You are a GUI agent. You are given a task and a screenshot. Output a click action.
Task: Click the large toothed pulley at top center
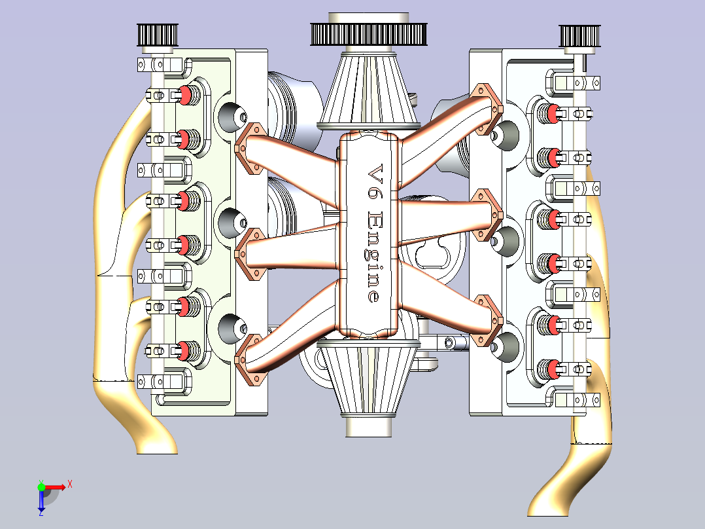point(368,34)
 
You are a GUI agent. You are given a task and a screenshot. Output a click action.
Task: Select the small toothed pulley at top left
point(158,35)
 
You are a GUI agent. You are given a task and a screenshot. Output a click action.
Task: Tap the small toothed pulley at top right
point(579,36)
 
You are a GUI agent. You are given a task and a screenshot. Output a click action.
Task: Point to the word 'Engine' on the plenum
point(373,257)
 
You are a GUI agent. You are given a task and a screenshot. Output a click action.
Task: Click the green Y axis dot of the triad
point(41,486)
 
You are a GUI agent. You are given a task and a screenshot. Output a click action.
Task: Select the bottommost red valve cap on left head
point(184,351)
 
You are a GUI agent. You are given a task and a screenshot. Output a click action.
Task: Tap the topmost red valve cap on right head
point(553,113)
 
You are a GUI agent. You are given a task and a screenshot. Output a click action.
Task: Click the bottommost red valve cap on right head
point(553,369)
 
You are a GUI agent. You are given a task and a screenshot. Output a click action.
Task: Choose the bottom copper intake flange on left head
point(249,359)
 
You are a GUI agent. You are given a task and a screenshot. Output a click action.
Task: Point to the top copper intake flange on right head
point(488,109)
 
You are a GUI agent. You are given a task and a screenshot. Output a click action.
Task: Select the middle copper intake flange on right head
point(487,215)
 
